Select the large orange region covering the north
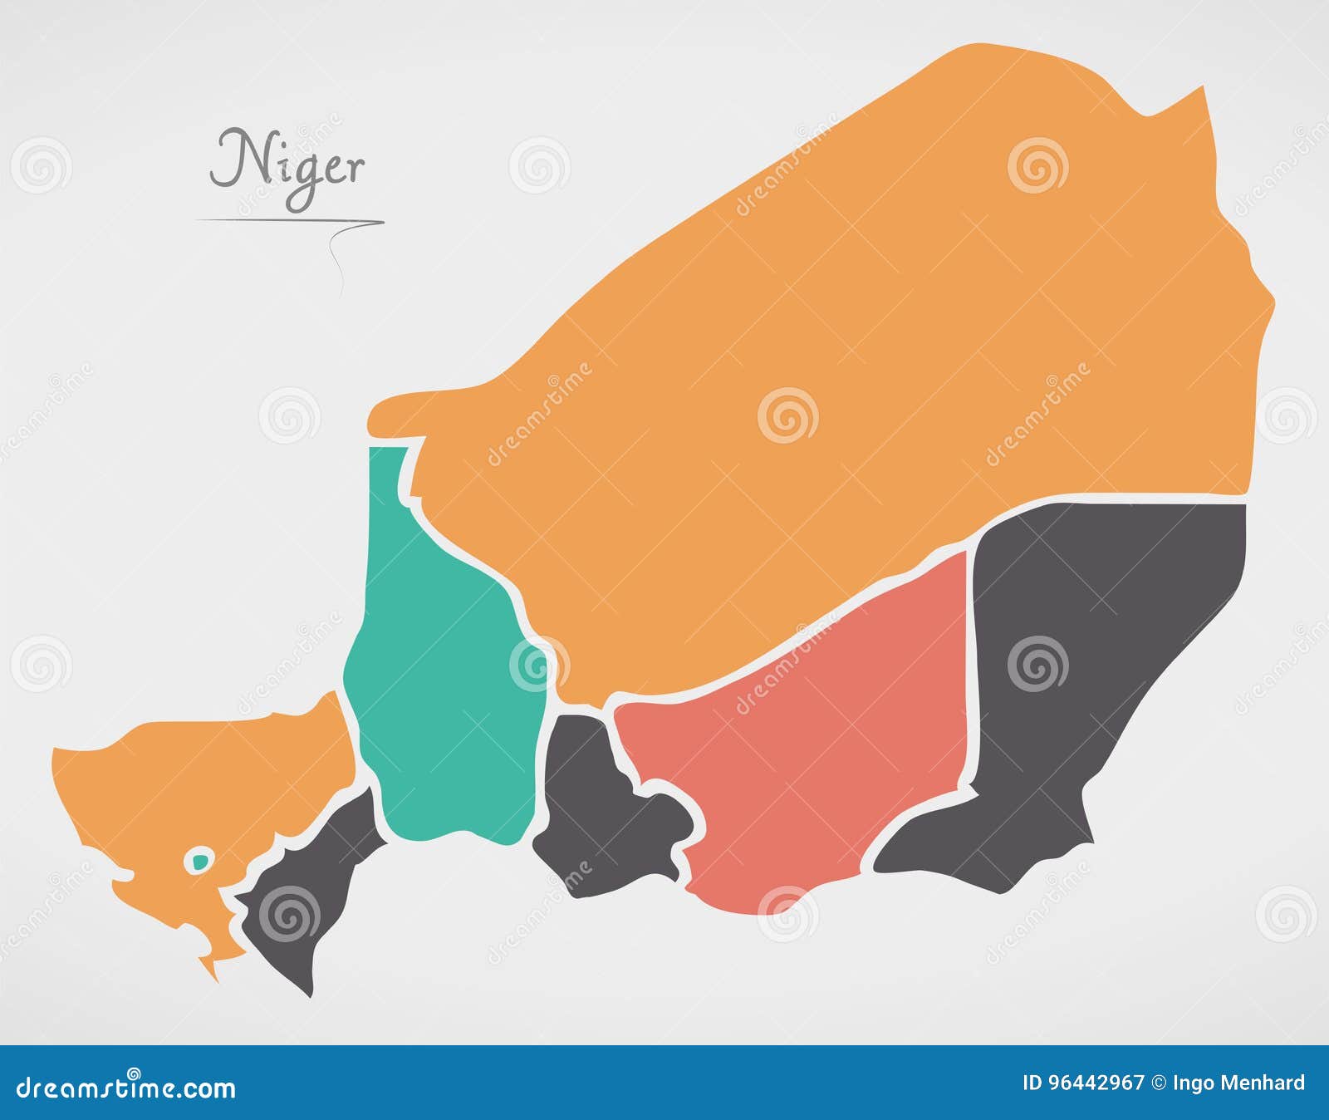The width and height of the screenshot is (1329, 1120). (x=831, y=332)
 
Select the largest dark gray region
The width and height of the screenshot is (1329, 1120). (x=1080, y=665)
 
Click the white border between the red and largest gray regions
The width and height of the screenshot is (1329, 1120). (x=970, y=665)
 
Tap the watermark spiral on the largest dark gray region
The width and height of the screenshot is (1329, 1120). (x=1037, y=665)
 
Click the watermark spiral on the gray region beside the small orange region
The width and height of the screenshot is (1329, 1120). (x=289, y=915)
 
